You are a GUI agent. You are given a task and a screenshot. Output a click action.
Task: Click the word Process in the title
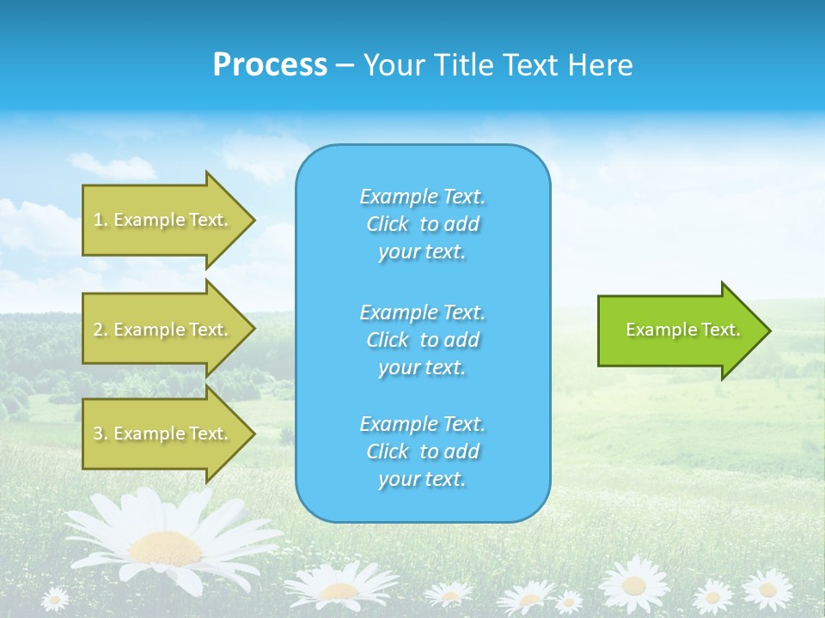[x=270, y=65]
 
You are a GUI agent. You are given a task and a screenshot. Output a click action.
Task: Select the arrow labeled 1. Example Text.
[x=163, y=220]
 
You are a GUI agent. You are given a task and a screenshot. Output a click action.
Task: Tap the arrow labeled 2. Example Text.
[x=163, y=330]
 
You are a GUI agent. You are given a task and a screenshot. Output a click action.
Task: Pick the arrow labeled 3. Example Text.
[x=163, y=433]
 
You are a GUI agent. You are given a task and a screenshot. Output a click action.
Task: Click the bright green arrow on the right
[x=679, y=330]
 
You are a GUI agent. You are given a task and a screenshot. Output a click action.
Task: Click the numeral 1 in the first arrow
[x=97, y=220]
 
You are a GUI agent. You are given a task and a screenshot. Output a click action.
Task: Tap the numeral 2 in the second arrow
[x=97, y=330]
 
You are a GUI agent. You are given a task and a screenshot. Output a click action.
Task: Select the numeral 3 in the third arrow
[x=97, y=433]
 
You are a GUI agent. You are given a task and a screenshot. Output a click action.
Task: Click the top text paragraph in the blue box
[x=422, y=224]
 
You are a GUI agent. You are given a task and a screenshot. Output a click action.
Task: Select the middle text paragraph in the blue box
[x=422, y=340]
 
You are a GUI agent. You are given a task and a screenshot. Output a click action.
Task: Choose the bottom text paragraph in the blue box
[x=422, y=451]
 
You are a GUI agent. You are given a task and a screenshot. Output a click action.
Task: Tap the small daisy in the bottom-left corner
[x=55, y=598]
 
